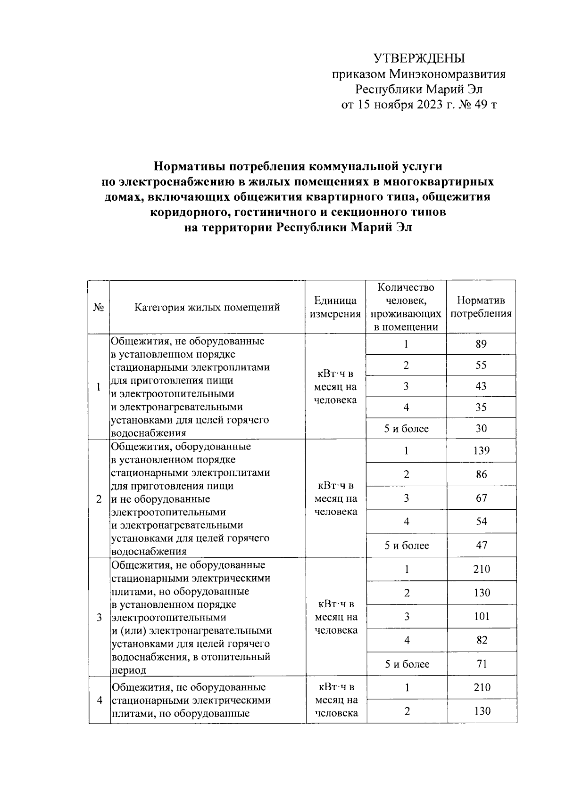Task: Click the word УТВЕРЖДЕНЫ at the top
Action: [x=419, y=58]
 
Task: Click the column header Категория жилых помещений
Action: [x=207, y=308]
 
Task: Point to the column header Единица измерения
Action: [x=335, y=307]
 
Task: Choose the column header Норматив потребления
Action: [x=481, y=307]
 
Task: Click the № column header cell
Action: [x=99, y=308]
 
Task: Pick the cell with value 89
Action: [x=481, y=344]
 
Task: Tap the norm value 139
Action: [x=481, y=451]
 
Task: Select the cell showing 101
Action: [x=482, y=616]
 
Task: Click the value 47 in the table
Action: [x=481, y=546]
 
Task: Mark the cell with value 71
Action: [x=481, y=664]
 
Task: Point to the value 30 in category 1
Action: [x=481, y=429]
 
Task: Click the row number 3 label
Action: [x=99, y=618]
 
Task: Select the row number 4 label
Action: [x=100, y=700]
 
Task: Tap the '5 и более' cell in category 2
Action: [x=406, y=546]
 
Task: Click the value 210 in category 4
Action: [x=482, y=688]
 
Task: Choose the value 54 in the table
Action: [x=481, y=522]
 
